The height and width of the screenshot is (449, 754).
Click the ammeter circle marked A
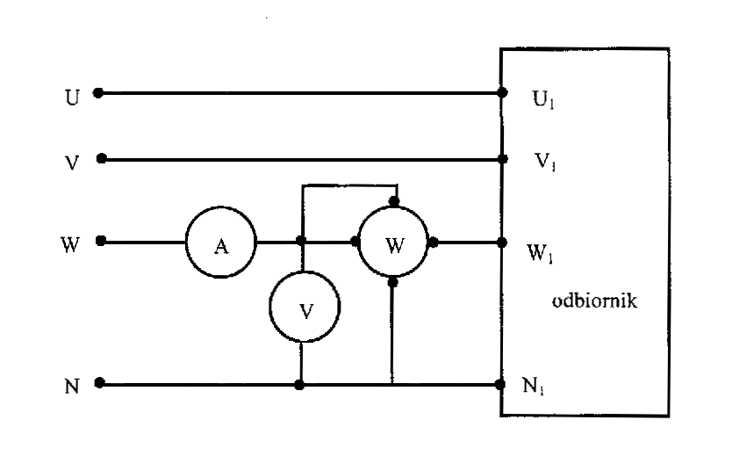pos(219,243)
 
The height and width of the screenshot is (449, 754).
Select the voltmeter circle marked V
pos(304,308)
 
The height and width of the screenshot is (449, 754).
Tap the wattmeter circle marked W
pos(393,243)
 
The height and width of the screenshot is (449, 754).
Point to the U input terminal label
pos(73,95)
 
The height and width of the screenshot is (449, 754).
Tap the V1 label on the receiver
pos(546,163)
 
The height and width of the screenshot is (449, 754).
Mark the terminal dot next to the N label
pos(99,383)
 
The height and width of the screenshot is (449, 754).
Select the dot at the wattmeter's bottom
pos(393,283)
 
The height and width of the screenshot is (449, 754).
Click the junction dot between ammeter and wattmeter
pos(301,242)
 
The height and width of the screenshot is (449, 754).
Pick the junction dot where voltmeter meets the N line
pos(301,384)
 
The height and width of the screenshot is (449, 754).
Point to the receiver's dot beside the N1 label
pos(501,384)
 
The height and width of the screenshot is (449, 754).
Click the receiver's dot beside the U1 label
pos(501,92)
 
